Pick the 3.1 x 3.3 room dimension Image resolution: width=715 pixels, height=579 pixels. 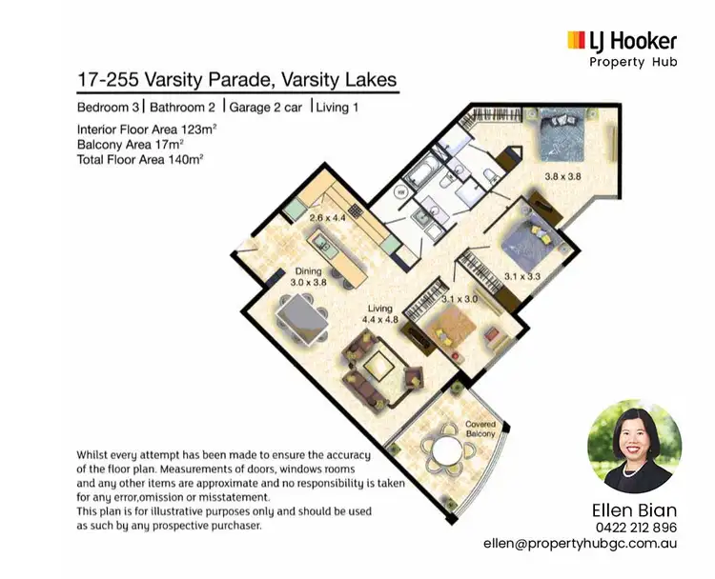coord(522,276)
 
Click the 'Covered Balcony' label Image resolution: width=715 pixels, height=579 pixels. coord(482,428)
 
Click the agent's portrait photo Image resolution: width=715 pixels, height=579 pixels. coord(633,446)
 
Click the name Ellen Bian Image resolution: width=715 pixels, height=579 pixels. coord(633,509)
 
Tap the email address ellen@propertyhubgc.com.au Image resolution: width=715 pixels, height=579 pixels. coord(592,545)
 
